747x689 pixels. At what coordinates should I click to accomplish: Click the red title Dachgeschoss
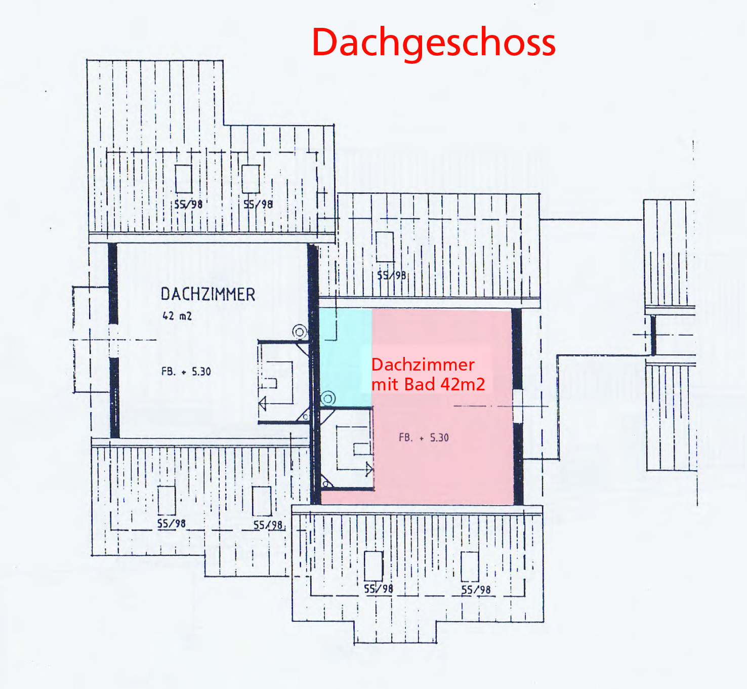pyautogui.click(x=434, y=43)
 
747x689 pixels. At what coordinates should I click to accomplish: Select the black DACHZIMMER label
pyautogui.click(x=207, y=294)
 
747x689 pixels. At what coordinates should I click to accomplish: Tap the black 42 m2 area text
pyautogui.click(x=177, y=316)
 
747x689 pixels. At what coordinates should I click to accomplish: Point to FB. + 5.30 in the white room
pyautogui.click(x=186, y=372)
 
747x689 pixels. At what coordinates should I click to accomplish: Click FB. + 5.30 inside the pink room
pyautogui.click(x=424, y=437)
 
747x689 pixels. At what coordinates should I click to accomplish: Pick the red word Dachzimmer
pyautogui.click(x=423, y=364)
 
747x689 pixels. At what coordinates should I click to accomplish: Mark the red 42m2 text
pyautogui.click(x=463, y=385)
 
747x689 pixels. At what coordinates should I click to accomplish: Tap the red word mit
pyautogui.click(x=385, y=385)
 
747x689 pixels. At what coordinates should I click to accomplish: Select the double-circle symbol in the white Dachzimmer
pyautogui.click(x=300, y=332)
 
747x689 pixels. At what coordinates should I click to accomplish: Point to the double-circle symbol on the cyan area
pyautogui.click(x=328, y=399)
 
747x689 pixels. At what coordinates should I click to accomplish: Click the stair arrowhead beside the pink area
pyautogui.click(x=369, y=470)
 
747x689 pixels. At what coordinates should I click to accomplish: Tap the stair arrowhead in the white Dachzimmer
pyautogui.click(x=262, y=403)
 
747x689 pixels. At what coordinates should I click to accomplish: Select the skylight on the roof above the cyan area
pyautogui.click(x=385, y=247)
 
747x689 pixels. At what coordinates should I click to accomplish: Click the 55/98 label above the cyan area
pyautogui.click(x=391, y=275)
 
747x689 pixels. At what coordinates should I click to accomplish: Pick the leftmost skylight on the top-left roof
pyautogui.click(x=183, y=179)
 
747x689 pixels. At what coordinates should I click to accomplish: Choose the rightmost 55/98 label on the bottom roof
pyautogui.click(x=476, y=590)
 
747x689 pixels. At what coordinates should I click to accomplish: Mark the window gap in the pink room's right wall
pyautogui.click(x=517, y=406)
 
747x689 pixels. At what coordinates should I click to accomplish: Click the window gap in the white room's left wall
pyautogui.click(x=114, y=340)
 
